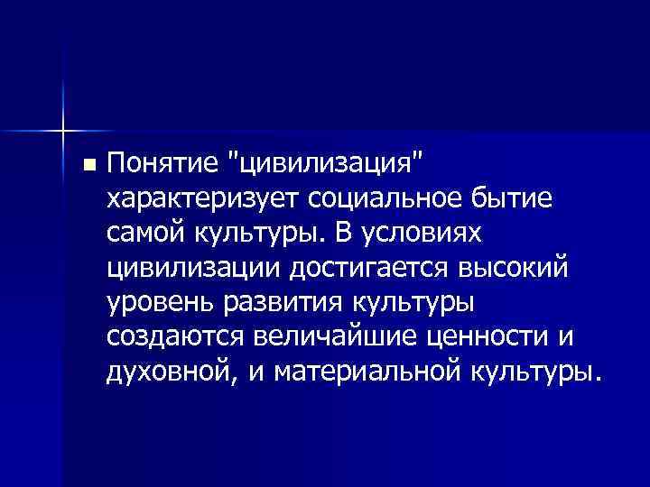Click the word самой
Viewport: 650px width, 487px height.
145,233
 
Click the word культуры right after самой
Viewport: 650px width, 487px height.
255,233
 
